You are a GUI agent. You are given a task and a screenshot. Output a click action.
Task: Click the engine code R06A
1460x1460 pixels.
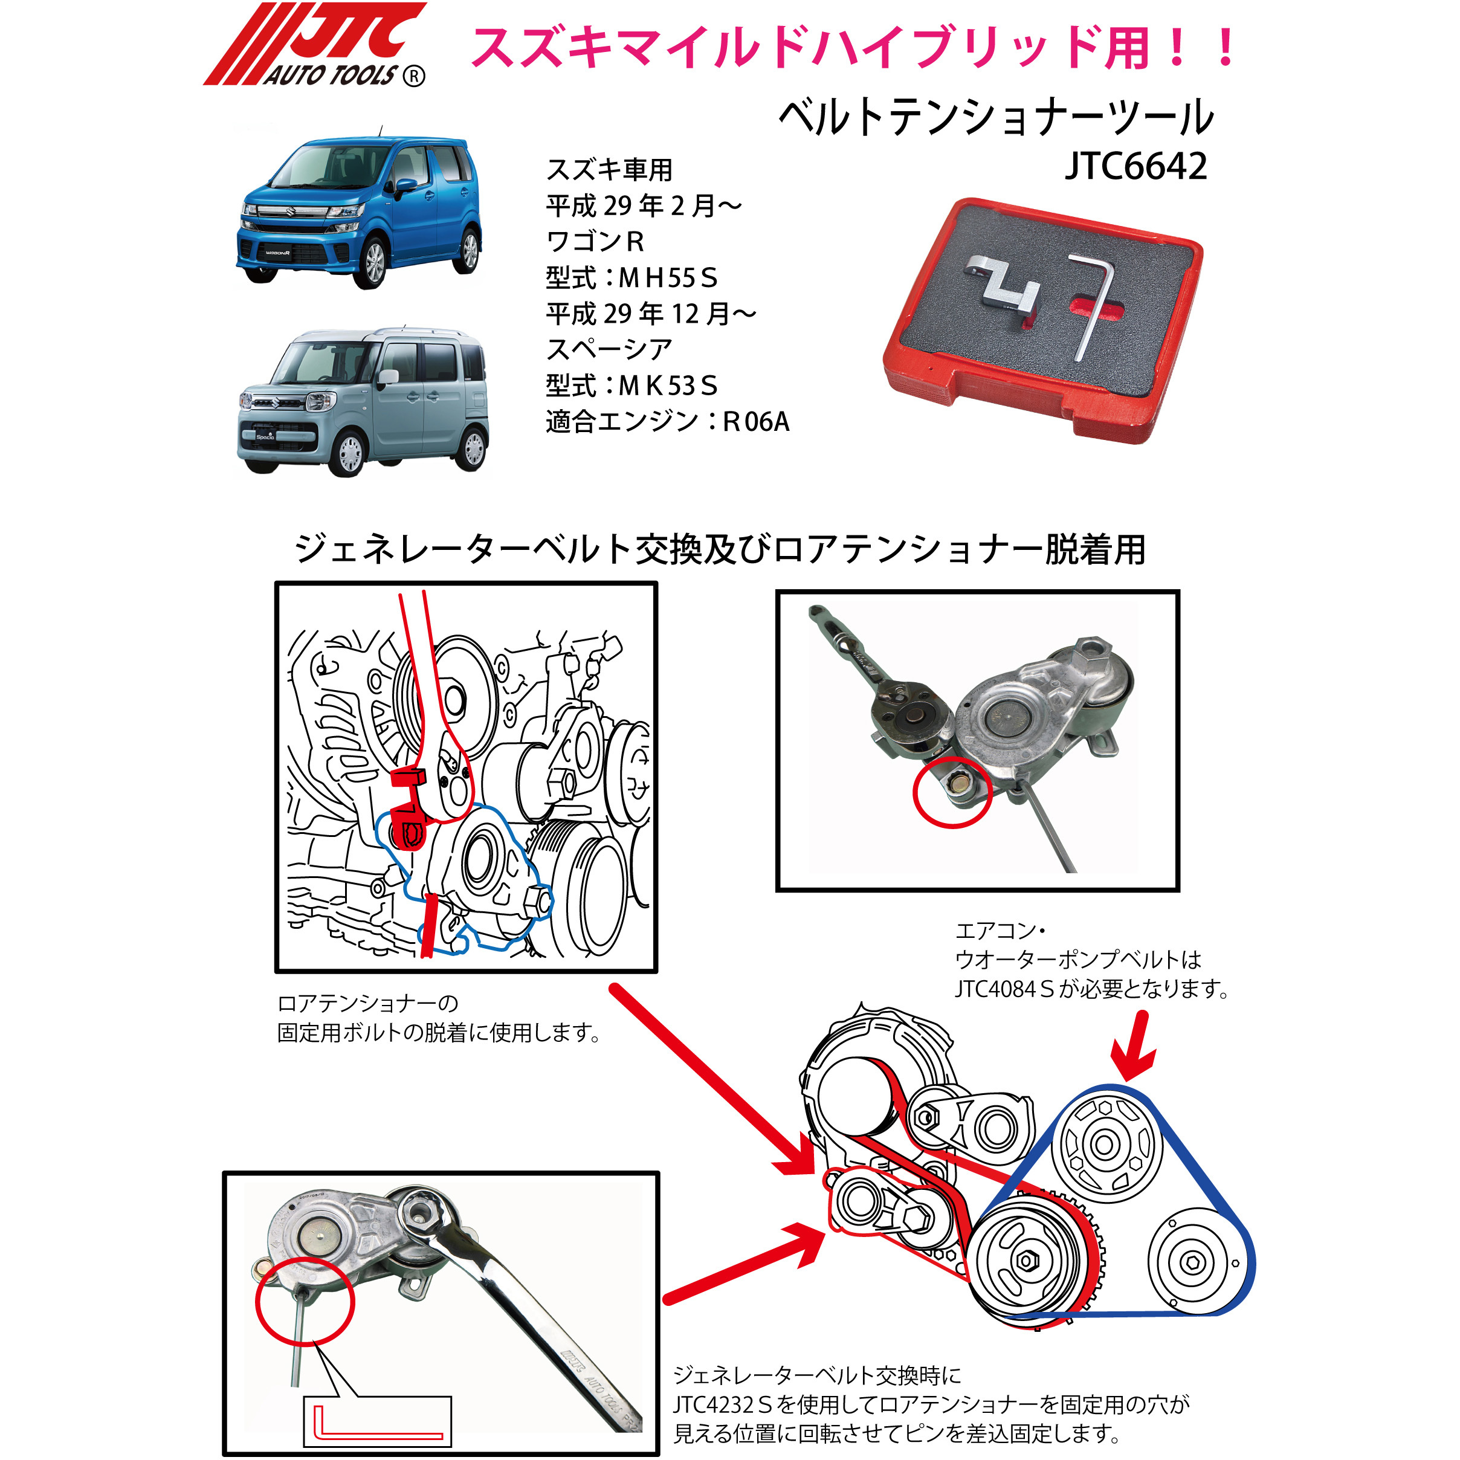coord(756,422)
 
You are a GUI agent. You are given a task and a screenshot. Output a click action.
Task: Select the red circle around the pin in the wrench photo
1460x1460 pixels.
coord(305,1301)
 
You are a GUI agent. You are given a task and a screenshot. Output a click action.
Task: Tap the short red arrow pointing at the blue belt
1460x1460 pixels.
coord(1134,1046)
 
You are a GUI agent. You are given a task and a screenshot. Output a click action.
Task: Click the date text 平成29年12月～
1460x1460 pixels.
coord(650,314)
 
